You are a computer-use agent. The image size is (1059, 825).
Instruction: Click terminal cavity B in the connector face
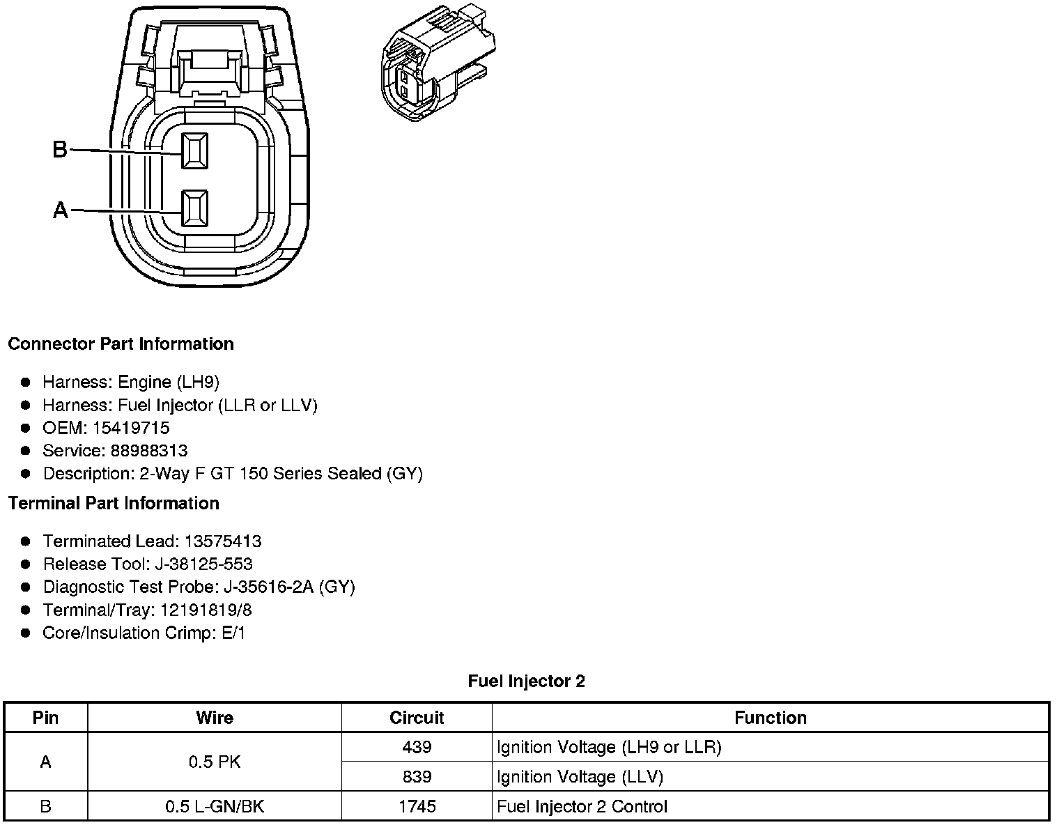click(194, 151)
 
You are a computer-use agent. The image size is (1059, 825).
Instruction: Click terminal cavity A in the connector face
click(194, 208)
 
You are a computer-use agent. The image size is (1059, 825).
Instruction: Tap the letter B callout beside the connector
click(59, 149)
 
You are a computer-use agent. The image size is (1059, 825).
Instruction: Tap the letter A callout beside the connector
click(60, 210)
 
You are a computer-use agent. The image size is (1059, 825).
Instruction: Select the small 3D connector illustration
click(438, 63)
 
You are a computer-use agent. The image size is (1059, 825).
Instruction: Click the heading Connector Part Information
click(121, 344)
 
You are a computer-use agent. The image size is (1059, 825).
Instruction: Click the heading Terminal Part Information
click(114, 503)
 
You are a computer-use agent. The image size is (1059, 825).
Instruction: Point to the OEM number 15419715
click(131, 428)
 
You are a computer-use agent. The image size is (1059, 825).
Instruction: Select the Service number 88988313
click(149, 451)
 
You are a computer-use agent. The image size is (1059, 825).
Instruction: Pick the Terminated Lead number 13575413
click(223, 541)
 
